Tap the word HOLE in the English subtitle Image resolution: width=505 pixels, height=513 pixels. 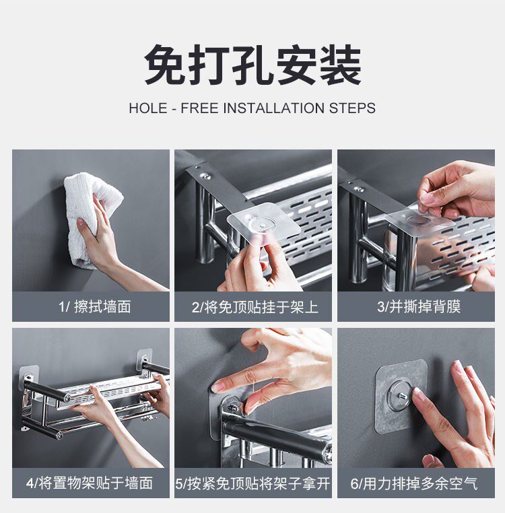(x=148, y=108)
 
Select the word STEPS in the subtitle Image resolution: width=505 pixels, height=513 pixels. (x=352, y=108)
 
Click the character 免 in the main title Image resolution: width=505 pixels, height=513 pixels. (x=165, y=65)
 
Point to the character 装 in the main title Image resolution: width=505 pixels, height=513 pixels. (x=341, y=65)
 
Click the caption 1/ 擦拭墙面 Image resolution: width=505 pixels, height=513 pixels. (x=95, y=307)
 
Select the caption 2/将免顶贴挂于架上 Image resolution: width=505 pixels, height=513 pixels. (x=255, y=307)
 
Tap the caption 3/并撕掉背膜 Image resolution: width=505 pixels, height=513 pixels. (x=419, y=307)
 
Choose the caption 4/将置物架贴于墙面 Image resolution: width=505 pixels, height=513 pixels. (x=90, y=483)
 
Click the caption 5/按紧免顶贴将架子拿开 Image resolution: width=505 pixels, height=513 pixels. (x=252, y=483)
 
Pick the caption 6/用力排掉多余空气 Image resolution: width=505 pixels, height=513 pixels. (x=414, y=483)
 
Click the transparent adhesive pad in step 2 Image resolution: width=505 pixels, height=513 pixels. (x=264, y=221)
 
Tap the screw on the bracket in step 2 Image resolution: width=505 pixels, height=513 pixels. (x=205, y=176)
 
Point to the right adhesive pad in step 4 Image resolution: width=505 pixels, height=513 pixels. (x=144, y=360)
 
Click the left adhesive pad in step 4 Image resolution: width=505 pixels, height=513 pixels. (x=29, y=377)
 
